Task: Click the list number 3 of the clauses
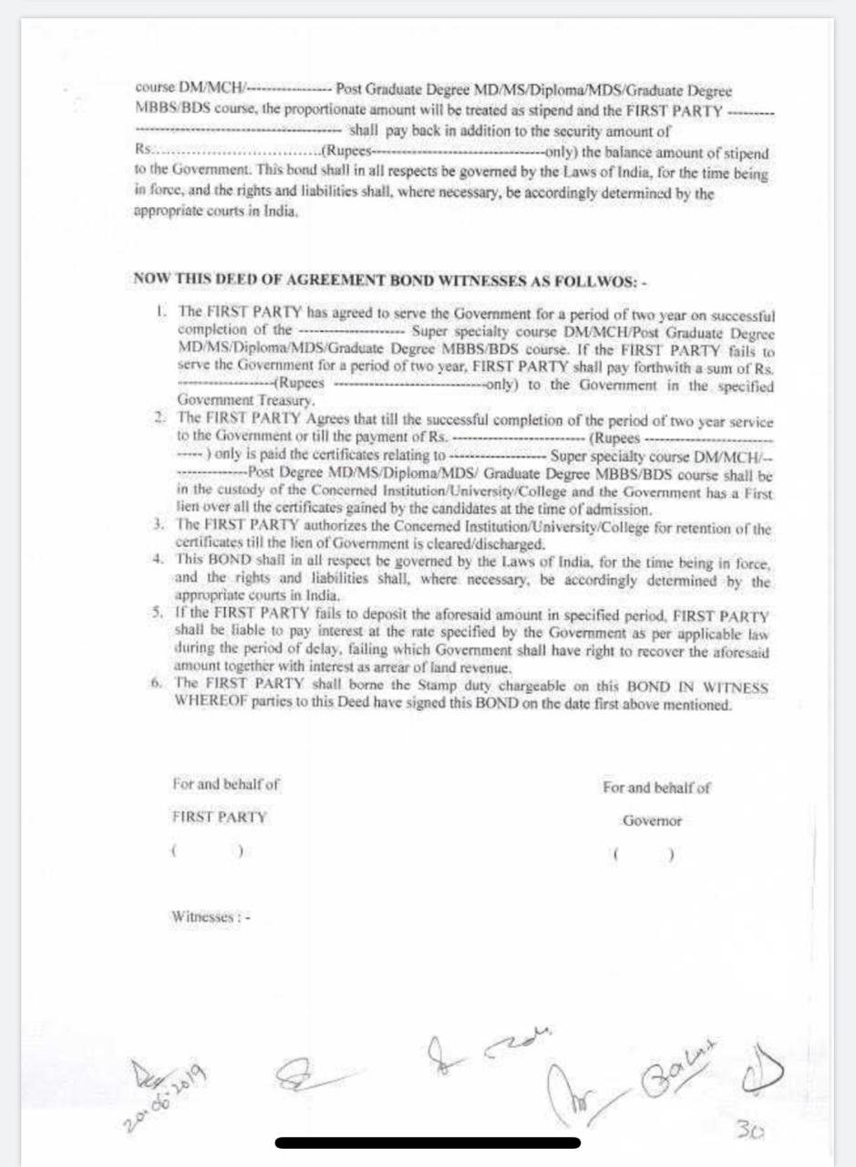click(159, 525)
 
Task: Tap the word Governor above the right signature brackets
click(652, 821)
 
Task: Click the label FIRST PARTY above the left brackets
click(219, 817)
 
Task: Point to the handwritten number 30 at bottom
click(751, 1131)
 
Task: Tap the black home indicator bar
click(428, 1142)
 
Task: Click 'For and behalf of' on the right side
click(655, 788)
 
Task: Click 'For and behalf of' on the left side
click(225, 783)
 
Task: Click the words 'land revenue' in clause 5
click(487, 668)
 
